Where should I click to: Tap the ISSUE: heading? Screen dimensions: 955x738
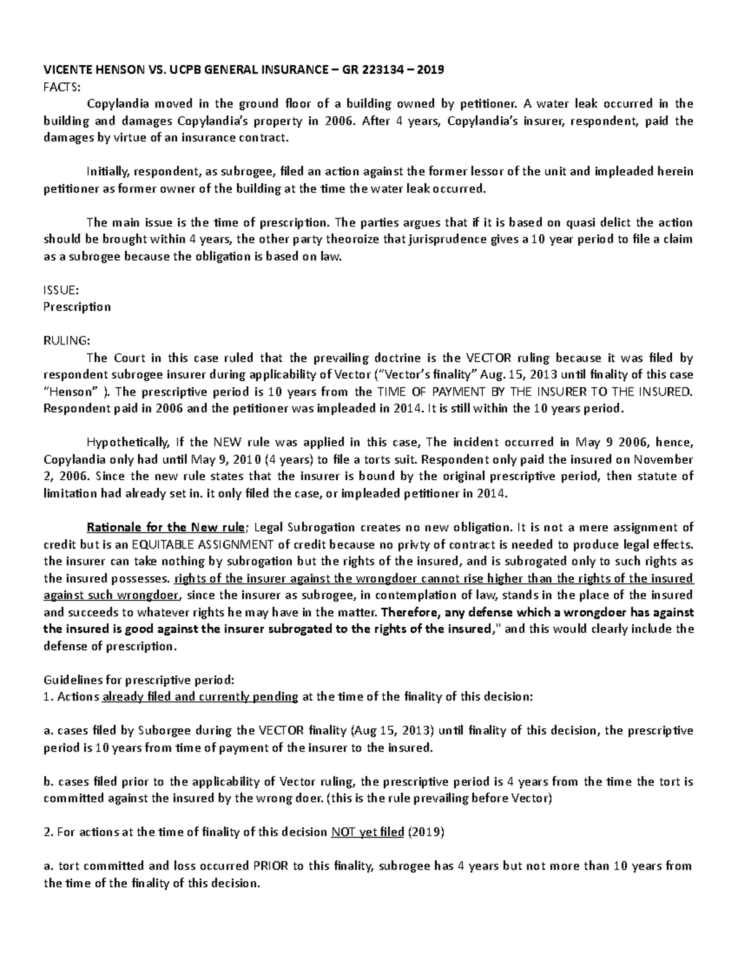tap(60, 290)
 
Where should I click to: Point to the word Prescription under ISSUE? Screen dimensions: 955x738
tap(77, 307)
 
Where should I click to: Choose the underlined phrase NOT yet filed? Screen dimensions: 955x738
tap(367, 833)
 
